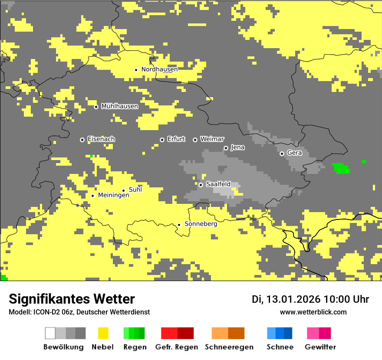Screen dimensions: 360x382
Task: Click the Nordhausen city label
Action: point(159,69)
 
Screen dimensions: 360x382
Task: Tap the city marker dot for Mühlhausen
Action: point(96,107)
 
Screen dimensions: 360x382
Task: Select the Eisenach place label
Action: point(101,139)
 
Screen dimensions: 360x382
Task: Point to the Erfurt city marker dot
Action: point(162,140)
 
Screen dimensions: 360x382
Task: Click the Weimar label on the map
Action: point(212,139)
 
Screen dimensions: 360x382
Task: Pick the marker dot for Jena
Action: point(226,148)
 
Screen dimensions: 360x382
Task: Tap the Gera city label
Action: point(294,153)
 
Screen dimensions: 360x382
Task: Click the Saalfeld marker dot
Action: point(201,185)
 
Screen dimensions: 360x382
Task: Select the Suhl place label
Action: point(135,190)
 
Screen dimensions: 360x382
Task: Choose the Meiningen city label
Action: point(113,196)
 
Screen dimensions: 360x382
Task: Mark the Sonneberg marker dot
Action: point(179,225)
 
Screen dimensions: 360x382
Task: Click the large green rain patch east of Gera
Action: point(341,168)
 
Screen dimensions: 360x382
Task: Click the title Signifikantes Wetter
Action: point(72,299)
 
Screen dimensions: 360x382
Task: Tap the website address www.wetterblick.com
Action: point(313,312)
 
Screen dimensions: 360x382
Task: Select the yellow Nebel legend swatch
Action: point(103,333)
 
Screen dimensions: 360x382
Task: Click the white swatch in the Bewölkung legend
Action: point(50,333)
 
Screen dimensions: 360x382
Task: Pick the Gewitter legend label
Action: point(320,347)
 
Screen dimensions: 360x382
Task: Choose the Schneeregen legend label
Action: point(229,347)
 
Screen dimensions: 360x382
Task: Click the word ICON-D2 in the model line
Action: point(45,312)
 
